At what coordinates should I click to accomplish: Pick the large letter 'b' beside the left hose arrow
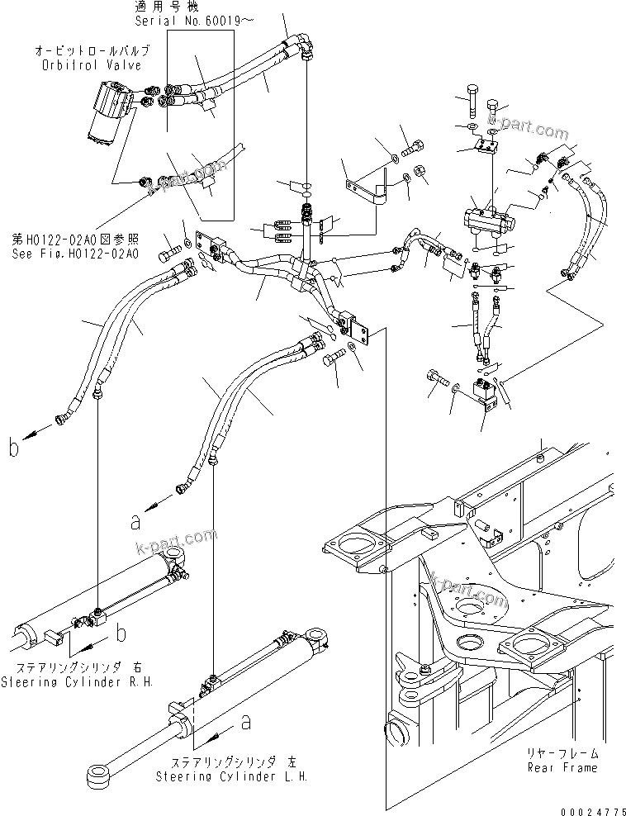pyautogui.click(x=14, y=448)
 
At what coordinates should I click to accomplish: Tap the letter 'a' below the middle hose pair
pyautogui.click(x=135, y=521)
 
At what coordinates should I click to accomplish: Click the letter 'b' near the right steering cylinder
pyautogui.click(x=121, y=633)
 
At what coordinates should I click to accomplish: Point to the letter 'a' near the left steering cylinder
pyautogui.click(x=244, y=723)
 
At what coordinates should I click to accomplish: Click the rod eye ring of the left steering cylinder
pyautogui.click(x=97, y=776)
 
